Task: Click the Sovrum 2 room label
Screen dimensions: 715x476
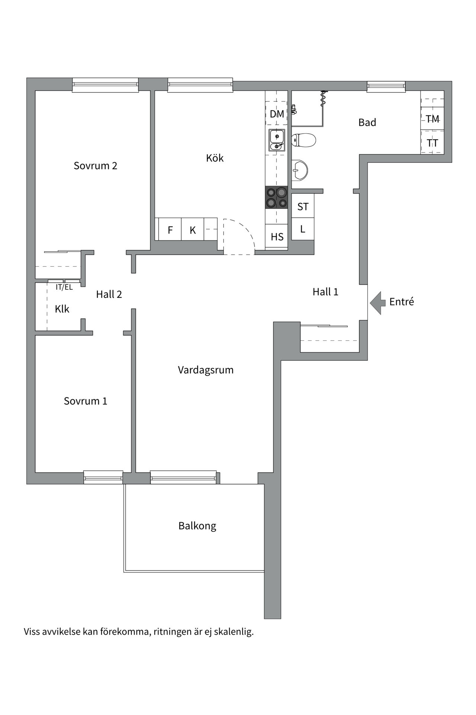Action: [95, 166]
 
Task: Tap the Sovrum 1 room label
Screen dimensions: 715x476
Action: [86, 401]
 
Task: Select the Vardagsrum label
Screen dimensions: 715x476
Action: [206, 370]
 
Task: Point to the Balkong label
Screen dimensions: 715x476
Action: [197, 526]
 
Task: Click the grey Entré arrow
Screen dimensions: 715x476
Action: [378, 303]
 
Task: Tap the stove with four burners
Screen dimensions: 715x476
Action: [276, 197]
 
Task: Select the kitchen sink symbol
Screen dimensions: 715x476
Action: [277, 140]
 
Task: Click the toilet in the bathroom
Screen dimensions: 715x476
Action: [303, 140]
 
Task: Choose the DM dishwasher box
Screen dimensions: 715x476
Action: [276, 114]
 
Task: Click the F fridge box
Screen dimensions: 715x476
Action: [170, 230]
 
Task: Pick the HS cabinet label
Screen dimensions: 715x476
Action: [277, 237]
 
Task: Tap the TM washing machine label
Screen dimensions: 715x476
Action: [432, 119]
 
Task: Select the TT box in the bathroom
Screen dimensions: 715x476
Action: [432, 143]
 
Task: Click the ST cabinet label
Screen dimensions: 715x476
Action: [303, 207]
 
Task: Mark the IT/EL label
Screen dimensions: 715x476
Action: [64, 287]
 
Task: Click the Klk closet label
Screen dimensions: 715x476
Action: [62, 309]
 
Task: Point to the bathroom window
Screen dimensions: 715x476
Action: [386, 86]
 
